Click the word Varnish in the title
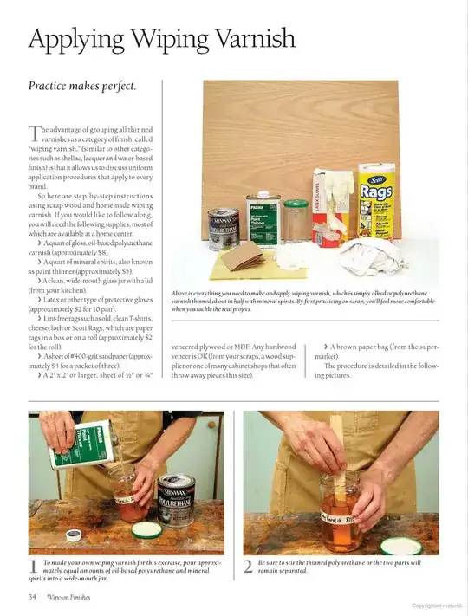[242, 39]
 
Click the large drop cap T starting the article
[35, 134]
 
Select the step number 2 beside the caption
[248, 567]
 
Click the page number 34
[32, 596]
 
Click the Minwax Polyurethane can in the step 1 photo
[177, 501]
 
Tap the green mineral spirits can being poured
[83, 444]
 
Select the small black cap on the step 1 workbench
[72, 536]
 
